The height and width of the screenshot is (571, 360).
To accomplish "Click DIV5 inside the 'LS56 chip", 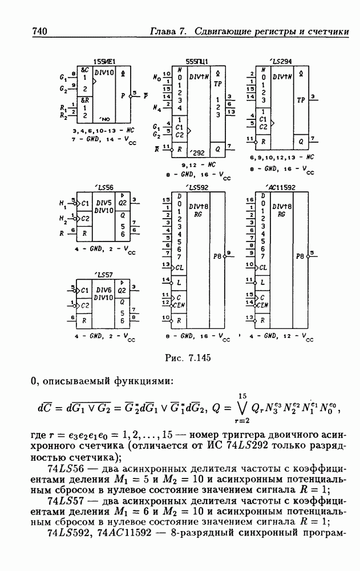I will (104, 203).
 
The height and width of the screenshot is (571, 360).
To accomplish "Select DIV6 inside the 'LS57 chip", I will (104, 290).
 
